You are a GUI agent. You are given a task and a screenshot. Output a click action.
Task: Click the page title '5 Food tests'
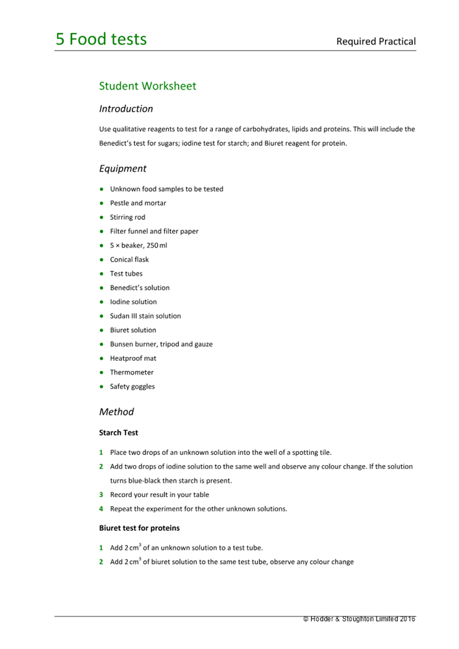pos(101,40)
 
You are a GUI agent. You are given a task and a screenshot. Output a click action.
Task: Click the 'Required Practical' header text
pos(375,42)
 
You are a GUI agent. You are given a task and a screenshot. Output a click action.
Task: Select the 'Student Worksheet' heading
pos(147,86)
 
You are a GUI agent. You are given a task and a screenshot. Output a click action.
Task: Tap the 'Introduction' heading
pos(126,109)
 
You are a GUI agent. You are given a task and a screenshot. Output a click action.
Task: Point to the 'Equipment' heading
pos(123,169)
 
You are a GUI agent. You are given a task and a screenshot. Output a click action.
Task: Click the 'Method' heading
pos(116,411)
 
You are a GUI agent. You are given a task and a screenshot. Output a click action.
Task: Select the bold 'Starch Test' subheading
pos(118,432)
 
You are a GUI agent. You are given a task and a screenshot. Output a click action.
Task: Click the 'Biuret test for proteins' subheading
pos(139,528)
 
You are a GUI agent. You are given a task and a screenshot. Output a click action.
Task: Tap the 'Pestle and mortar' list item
pos(138,203)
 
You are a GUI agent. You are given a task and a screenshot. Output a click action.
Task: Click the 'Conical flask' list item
pos(129,260)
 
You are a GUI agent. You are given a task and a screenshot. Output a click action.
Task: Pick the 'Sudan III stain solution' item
pos(145,316)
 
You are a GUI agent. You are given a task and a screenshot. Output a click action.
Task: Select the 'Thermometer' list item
pos(132,373)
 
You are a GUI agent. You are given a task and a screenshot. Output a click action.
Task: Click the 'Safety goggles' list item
pos(132,387)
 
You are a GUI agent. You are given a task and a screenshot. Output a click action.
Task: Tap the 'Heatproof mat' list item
pos(133,358)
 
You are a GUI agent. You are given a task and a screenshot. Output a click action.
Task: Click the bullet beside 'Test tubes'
pos(102,274)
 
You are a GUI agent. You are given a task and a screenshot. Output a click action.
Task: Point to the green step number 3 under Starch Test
pos(101,495)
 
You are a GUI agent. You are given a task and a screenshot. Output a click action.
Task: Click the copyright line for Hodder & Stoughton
pos(359,619)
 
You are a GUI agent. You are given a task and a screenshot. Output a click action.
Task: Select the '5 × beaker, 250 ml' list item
pos(138,245)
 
